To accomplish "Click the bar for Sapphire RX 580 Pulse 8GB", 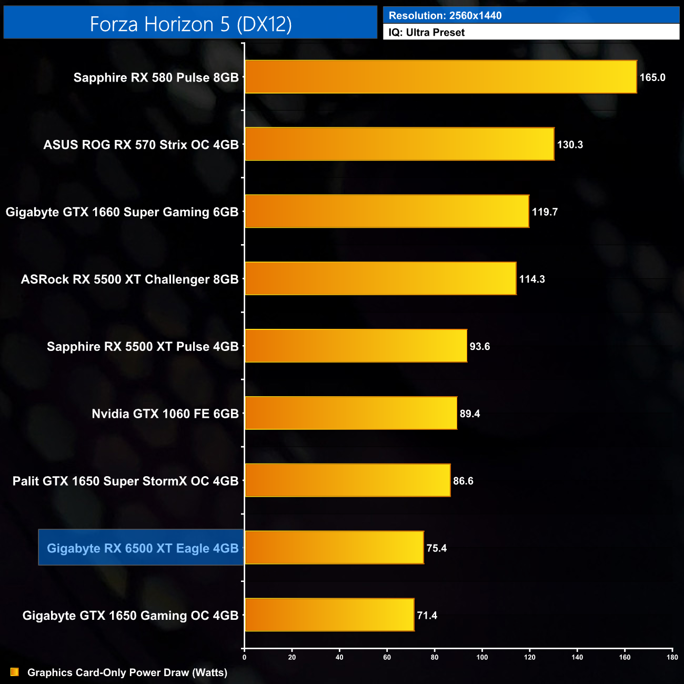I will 440,77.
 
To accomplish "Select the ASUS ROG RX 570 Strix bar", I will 399,144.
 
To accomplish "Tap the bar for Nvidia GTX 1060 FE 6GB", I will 350,413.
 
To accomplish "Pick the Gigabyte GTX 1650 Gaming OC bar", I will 329,615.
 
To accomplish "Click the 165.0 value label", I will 652,77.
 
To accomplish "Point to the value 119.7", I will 544,212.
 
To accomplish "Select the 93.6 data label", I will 479,346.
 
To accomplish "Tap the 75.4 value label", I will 436,548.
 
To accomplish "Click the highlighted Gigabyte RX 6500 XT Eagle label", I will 142,548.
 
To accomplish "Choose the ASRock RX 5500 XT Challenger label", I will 129,279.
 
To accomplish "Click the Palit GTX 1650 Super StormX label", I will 125,481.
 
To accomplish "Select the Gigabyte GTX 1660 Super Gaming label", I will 122,212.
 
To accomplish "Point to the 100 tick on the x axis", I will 482,657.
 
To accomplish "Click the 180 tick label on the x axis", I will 672,657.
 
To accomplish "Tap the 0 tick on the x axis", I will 244,657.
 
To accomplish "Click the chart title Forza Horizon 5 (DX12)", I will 190,24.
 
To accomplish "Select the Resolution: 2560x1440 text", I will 445,15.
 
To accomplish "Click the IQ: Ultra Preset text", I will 427,33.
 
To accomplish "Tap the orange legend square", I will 15,672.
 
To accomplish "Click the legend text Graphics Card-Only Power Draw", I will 127,672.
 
